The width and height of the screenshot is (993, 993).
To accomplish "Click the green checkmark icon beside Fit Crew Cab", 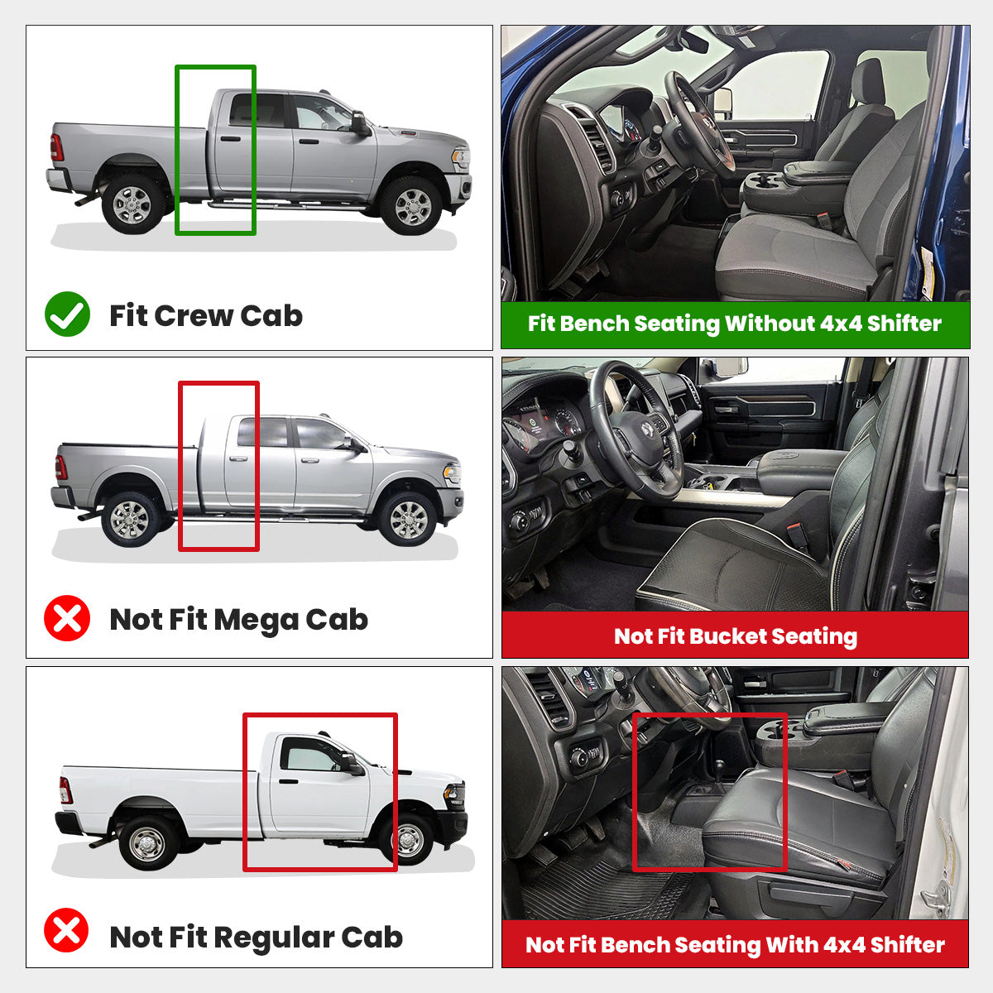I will tap(67, 314).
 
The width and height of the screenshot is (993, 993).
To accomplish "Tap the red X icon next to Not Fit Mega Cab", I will tap(67, 618).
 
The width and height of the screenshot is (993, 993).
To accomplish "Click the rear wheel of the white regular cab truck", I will tap(149, 841).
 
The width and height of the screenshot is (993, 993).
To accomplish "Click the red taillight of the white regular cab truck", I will tap(65, 790).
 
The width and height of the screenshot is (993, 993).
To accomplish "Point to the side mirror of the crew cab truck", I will tap(359, 123).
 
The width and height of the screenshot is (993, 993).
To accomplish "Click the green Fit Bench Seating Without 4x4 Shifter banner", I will tap(735, 324).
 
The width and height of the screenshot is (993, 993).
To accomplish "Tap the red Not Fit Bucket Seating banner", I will tap(735, 636).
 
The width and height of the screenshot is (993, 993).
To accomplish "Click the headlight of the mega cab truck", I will tap(453, 473).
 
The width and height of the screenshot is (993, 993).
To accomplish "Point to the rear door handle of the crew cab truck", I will tap(231, 138).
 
